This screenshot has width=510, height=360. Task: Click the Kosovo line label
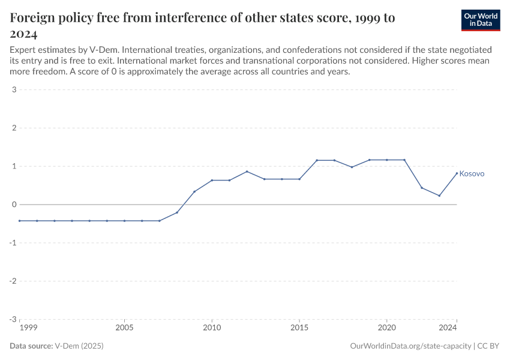472,174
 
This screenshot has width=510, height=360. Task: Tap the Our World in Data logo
481,20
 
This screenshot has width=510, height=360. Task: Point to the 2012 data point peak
247,172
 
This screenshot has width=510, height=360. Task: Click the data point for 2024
457,173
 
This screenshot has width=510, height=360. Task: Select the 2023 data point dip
439,196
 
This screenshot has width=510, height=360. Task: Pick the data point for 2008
177,212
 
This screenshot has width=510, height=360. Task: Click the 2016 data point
317,160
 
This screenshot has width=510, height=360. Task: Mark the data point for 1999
20,221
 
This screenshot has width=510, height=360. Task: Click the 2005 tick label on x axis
124,328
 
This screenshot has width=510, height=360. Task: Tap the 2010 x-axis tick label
212,328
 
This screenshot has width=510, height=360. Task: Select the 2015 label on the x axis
299,328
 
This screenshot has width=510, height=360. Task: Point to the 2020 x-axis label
387,328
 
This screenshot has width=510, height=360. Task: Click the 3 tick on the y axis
13,90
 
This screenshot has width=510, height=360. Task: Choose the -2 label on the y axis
12,281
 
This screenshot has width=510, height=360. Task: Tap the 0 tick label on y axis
13,205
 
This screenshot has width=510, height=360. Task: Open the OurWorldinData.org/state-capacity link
409,346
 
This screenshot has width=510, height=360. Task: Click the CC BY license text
488,346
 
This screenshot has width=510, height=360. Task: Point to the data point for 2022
422,188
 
